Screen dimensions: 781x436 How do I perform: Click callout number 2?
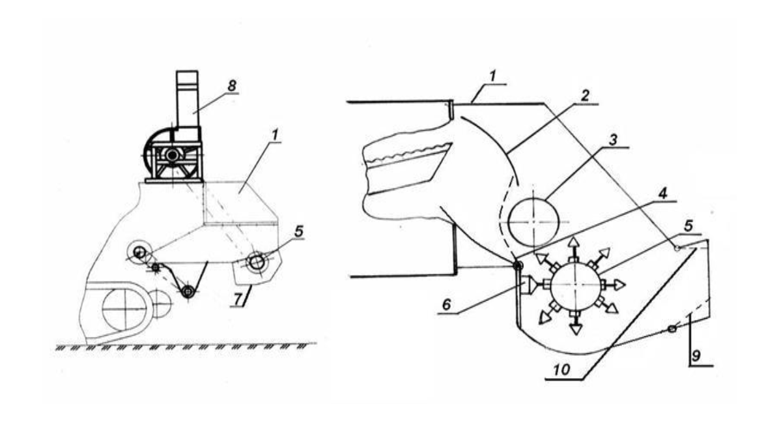pos(587,94)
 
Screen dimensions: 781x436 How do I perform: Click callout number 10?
pos(569,369)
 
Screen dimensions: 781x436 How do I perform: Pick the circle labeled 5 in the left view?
pos(256,262)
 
